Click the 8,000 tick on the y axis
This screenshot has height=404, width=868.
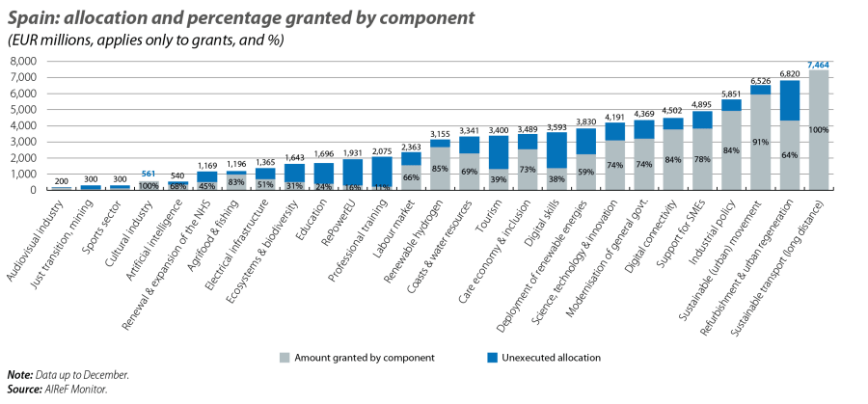point(21,61)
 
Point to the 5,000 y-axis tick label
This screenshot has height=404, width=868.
point(21,109)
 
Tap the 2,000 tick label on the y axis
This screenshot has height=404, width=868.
point(21,157)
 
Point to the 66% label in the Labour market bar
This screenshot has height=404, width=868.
point(412,177)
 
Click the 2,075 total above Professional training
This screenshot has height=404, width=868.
point(382,150)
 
